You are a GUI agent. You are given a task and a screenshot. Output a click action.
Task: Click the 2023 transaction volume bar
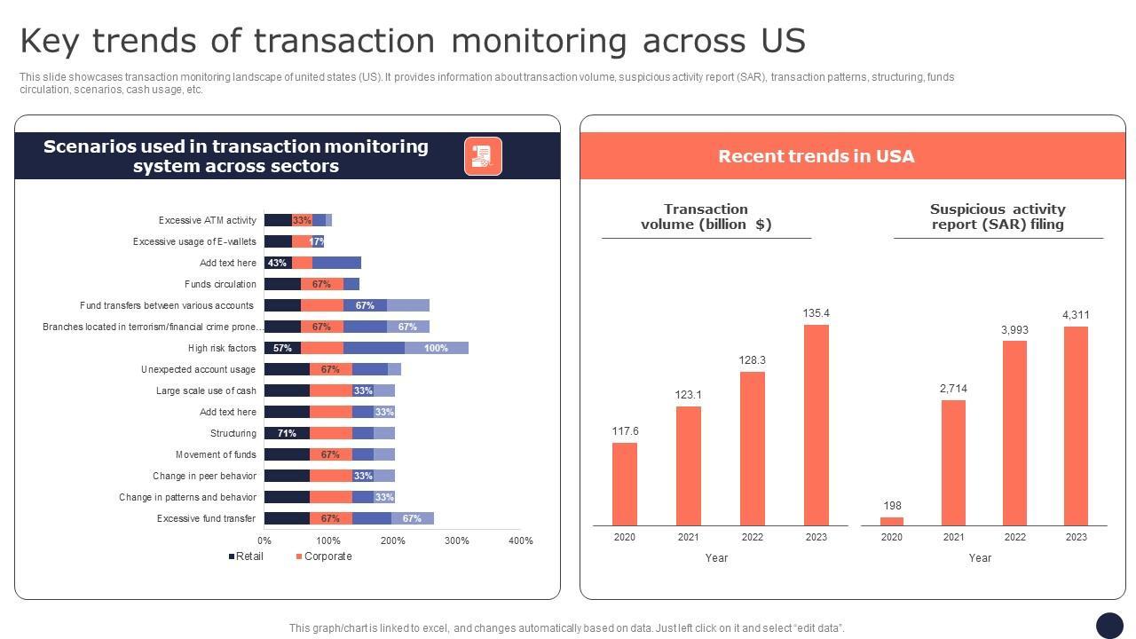816,425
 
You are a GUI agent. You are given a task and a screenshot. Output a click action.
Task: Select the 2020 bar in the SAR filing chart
892,521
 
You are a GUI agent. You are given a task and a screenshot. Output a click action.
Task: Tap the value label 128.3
752,360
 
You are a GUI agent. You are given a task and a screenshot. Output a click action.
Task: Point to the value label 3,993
1014,330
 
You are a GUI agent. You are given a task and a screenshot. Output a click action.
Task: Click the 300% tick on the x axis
457,540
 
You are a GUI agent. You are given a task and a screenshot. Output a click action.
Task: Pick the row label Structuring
233,433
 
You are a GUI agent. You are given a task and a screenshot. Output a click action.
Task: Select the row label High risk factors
222,348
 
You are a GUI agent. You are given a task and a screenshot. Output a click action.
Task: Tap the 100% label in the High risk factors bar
436,348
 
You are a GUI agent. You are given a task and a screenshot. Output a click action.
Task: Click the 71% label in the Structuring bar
287,433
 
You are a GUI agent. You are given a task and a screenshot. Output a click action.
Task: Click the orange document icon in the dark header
483,156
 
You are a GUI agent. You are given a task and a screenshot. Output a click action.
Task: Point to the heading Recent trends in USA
816,156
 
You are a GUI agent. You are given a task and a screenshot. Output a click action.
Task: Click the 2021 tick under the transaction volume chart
688,537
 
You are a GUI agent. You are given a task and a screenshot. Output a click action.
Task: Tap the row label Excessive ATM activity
208,220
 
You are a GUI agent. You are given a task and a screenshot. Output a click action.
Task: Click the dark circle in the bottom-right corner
1109,626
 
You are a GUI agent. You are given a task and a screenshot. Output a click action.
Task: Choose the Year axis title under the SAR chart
980,558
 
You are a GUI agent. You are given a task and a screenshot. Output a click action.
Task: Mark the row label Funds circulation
220,284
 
